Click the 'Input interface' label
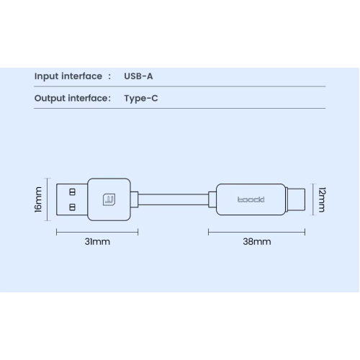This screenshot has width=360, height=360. point(68,76)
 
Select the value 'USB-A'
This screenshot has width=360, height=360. point(138,76)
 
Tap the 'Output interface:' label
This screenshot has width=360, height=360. point(73,99)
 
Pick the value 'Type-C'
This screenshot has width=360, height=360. point(141,99)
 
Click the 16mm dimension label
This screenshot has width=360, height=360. point(38,199)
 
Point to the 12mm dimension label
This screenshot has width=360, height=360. point(322,199)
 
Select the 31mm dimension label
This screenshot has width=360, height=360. point(97,242)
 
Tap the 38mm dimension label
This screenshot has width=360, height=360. point(257,242)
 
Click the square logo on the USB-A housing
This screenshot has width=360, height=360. point(109,199)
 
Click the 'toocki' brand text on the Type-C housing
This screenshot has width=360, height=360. point(251,199)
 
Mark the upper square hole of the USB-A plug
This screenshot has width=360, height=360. point(72,192)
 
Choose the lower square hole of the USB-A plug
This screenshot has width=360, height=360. point(72,207)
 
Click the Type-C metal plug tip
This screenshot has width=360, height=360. point(297,199)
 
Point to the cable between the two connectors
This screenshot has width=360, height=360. point(174,199)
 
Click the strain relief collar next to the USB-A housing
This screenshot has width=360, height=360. point(135,199)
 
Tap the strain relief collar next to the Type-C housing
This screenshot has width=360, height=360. point(212,199)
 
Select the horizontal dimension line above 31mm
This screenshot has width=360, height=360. point(97,232)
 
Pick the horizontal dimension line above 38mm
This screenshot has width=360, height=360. point(257,232)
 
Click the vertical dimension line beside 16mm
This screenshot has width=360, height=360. point(48,199)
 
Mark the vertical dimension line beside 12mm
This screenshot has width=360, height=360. point(313,199)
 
